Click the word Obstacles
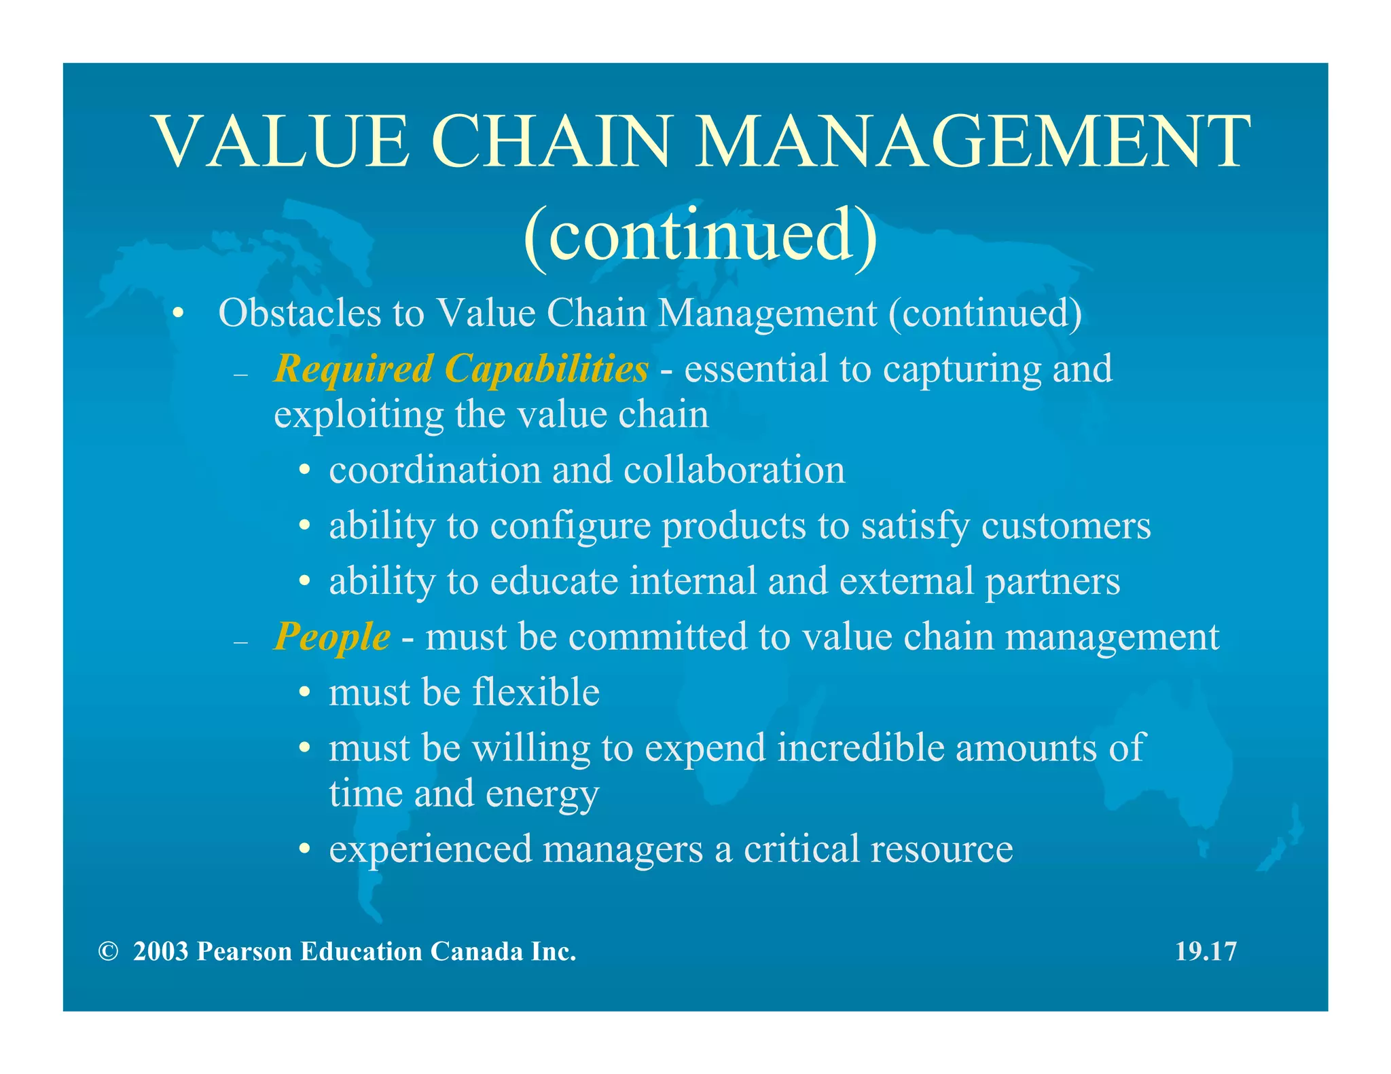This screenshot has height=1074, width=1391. pos(300,313)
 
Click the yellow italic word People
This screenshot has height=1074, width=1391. pos(332,637)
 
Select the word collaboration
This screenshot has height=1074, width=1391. pos(734,470)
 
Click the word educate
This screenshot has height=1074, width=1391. pos(554,582)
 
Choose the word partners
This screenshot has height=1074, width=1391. pos(1052,582)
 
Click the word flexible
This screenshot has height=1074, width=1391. pos(536,692)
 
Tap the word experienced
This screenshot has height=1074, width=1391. pos(429,849)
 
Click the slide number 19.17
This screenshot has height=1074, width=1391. pos(1206,952)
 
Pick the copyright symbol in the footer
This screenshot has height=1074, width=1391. pos(107,952)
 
